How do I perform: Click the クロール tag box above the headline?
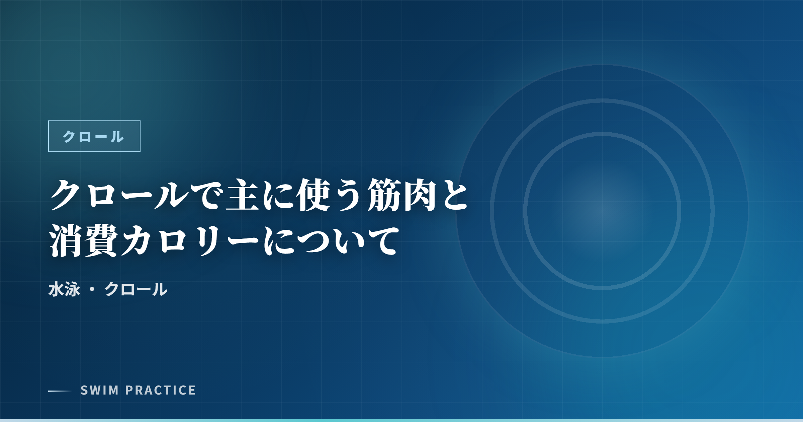pyautogui.click(x=94, y=136)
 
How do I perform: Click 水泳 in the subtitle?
pyautogui.click(x=64, y=289)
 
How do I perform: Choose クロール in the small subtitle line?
pyautogui.click(x=136, y=289)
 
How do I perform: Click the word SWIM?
pyautogui.click(x=100, y=391)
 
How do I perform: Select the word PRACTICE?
pyautogui.click(x=161, y=391)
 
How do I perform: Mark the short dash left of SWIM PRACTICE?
pyautogui.click(x=60, y=391)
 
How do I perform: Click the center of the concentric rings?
pyautogui.click(x=602, y=211)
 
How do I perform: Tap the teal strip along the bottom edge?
pyautogui.click(x=401, y=420)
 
